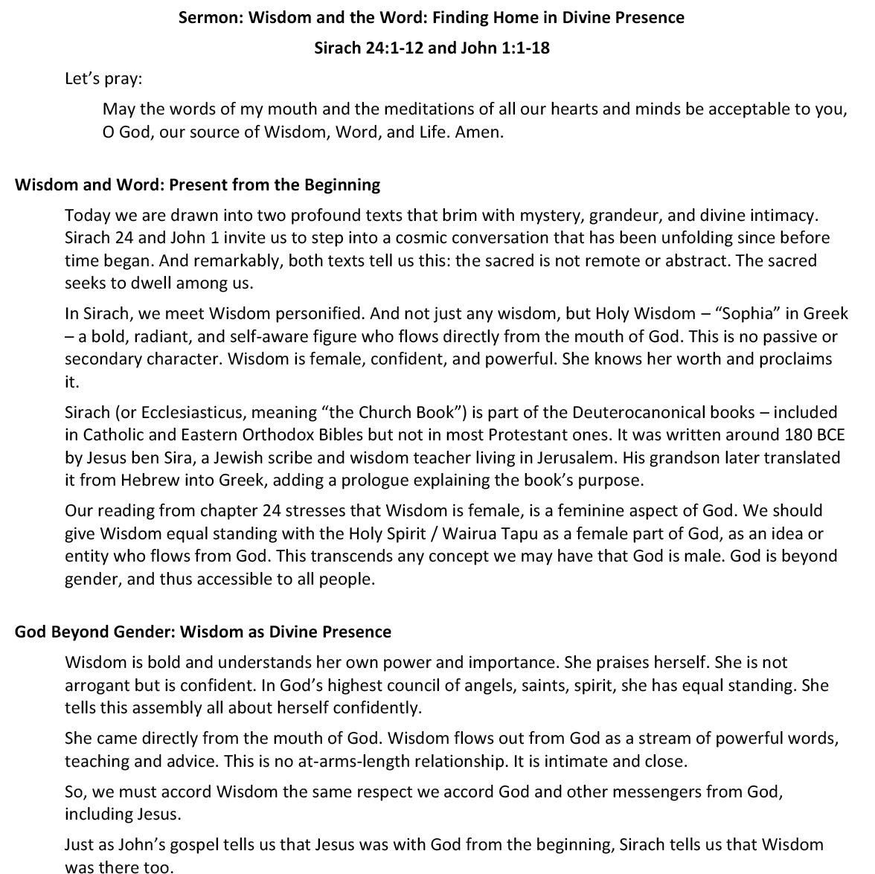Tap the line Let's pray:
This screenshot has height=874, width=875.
tap(103, 78)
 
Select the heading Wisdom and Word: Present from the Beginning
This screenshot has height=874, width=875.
tap(197, 184)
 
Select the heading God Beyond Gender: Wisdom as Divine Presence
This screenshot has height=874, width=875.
tap(202, 632)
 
